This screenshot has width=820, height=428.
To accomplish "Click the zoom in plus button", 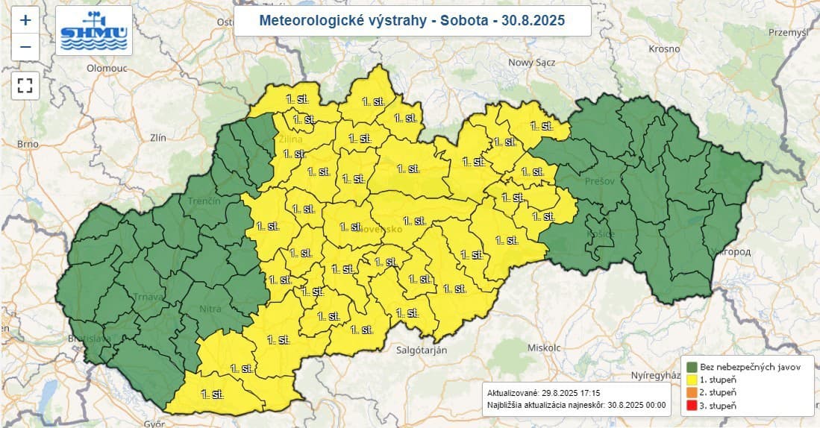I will [x=25, y=21].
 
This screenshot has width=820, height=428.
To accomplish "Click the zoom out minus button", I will [x=25, y=48].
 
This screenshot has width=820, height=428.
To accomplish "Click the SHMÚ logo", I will [x=93, y=31].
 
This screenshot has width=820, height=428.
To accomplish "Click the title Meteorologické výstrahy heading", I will [x=412, y=20].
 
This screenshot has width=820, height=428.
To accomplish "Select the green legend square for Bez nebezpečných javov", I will [x=692, y=367].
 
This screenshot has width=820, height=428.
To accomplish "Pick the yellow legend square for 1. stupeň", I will [x=692, y=380].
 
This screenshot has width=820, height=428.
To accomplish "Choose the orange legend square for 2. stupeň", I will [x=692, y=392].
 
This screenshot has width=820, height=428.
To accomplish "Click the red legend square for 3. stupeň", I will [x=692, y=405].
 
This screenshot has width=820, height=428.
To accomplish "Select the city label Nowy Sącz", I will [x=531, y=63].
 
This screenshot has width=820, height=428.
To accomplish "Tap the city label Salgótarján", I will [x=422, y=350].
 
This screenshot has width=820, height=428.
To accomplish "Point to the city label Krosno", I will [x=663, y=48].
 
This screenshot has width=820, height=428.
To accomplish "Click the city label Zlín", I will [x=157, y=137].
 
